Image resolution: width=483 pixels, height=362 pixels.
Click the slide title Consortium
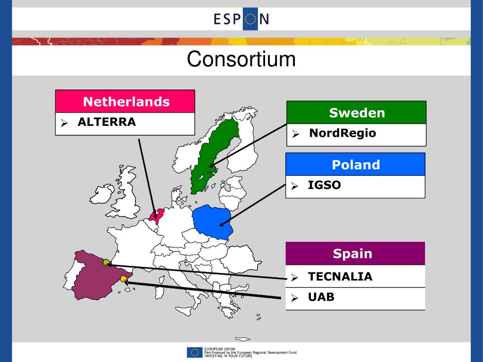pos(241,60)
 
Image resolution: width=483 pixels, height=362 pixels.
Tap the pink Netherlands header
pos(126,101)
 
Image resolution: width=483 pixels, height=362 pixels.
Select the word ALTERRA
pos(107,122)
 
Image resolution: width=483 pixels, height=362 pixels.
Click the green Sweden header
pos(357,113)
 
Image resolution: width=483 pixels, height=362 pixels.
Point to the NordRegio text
pos(342,133)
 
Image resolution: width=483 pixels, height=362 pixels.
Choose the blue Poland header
pos(356,165)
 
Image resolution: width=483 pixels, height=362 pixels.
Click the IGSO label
pos(324,185)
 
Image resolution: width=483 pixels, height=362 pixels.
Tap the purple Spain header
pos(352,254)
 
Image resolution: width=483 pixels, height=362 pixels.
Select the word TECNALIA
pos(340,277)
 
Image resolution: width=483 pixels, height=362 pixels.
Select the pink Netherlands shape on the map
pos(155,216)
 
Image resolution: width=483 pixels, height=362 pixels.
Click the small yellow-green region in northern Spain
pos(107,263)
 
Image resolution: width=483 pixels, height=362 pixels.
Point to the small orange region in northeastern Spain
pos(124,279)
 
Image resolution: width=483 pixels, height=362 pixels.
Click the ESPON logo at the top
pos(241,19)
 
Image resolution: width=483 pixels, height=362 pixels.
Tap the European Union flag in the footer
pos(194,352)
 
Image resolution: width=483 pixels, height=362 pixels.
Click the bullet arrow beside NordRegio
pos(295,134)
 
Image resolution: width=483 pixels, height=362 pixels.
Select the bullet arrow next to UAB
pos(294,298)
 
